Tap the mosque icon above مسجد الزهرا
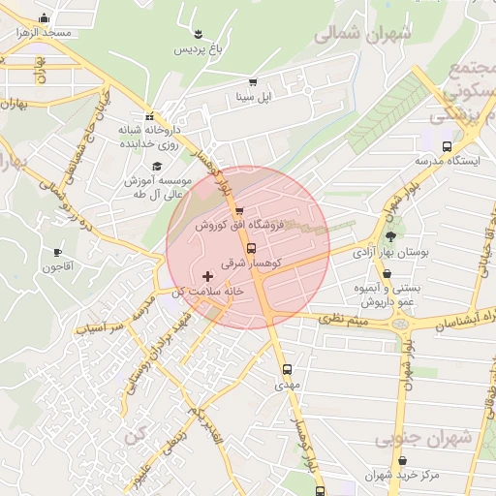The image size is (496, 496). [x=43, y=17]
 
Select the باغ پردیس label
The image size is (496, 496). [x=199, y=48]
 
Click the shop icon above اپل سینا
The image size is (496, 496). [x=253, y=82]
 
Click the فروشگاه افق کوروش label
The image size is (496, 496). [x=238, y=225]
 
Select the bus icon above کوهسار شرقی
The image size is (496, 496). [x=253, y=248]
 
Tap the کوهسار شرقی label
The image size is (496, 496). [x=250, y=263]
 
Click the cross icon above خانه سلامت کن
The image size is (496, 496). [x=206, y=276]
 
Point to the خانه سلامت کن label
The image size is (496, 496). [x=205, y=291]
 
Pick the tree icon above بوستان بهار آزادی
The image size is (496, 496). [x=390, y=235]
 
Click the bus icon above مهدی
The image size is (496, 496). [x=287, y=369]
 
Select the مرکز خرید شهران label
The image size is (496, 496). [x=403, y=476]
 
